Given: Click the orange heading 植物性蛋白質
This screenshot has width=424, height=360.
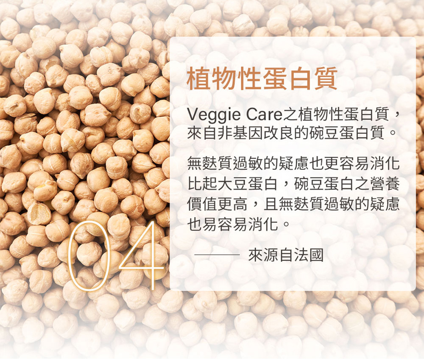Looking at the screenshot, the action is [x=262, y=78].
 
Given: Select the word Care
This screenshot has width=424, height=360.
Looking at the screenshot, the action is [x=264, y=115].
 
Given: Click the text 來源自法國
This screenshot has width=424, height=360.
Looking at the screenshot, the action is [x=285, y=255].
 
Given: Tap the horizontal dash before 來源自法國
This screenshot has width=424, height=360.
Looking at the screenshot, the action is [x=217, y=255].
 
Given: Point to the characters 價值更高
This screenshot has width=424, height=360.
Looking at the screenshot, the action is [x=217, y=204].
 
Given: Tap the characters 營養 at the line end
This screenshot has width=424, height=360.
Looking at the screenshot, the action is [x=384, y=184].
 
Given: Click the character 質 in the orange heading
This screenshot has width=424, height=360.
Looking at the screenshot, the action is [x=326, y=78].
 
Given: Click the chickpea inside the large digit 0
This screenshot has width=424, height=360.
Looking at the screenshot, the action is [x=89, y=254].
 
